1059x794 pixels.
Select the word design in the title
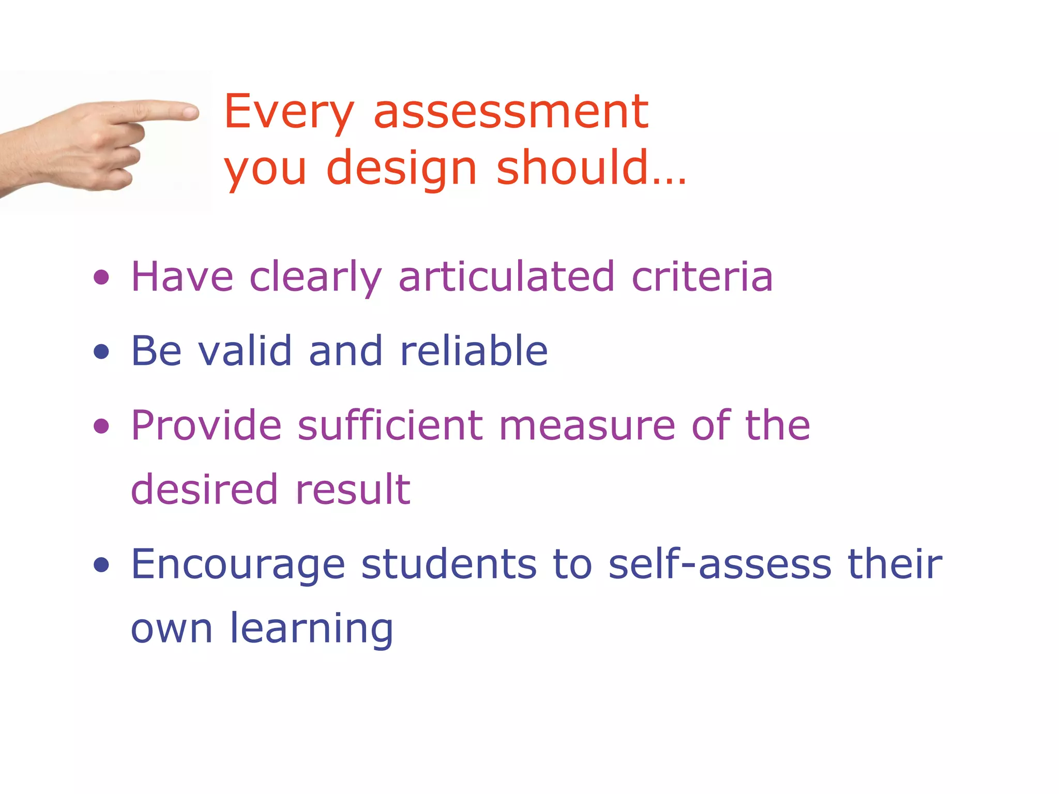tap(401, 168)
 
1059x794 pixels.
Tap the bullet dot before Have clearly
tap(101, 278)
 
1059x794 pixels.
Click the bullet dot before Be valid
tap(101, 352)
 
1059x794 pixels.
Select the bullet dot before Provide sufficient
tap(101, 426)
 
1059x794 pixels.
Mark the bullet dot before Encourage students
tap(101, 565)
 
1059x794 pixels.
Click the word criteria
tap(702, 277)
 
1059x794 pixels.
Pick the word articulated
tap(506, 277)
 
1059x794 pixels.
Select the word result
tap(353, 489)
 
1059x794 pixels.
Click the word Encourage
tap(238, 565)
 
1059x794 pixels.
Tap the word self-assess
tap(720, 564)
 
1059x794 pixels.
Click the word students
tap(449, 564)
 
